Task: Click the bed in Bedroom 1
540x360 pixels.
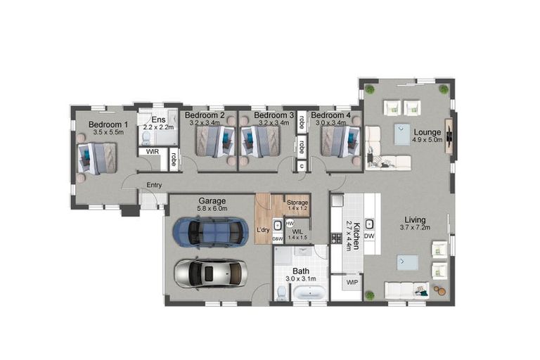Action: pyautogui.click(x=97, y=157)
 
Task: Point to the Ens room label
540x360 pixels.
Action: pyautogui.click(x=158, y=120)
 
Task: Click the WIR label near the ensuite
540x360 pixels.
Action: pyautogui.click(x=151, y=150)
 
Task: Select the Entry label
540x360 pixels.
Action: pyautogui.click(x=154, y=185)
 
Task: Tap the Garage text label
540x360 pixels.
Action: pyautogui.click(x=212, y=200)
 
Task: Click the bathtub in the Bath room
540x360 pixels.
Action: pyautogui.click(x=309, y=292)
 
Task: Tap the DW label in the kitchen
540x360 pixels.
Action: pyautogui.click(x=369, y=236)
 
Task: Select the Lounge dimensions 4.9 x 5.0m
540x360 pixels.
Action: pyautogui.click(x=427, y=140)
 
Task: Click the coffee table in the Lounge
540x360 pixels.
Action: pyautogui.click(x=402, y=134)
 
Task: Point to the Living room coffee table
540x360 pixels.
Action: pyautogui.click(x=408, y=264)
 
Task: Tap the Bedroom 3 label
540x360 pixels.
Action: pyautogui.click(x=274, y=115)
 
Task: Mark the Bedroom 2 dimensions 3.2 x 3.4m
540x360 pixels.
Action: pyautogui.click(x=205, y=122)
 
